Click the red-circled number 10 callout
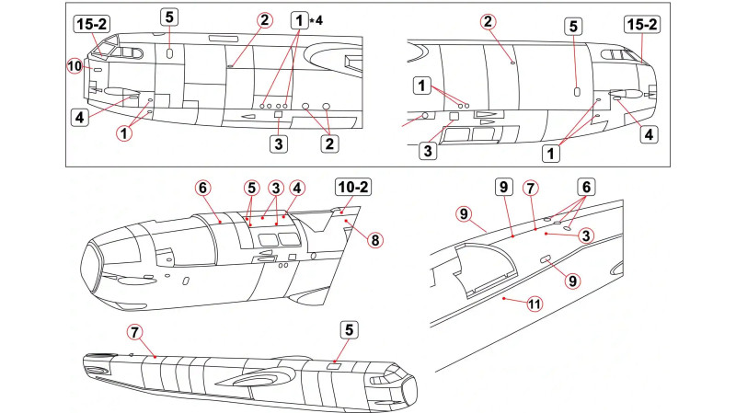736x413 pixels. click(x=75, y=64)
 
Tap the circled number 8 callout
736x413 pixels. click(x=374, y=239)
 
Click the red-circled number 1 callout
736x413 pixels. click(x=123, y=132)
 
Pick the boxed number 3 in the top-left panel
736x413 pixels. click(x=277, y=143)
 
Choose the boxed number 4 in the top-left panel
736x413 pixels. click(x=81, y=118)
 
